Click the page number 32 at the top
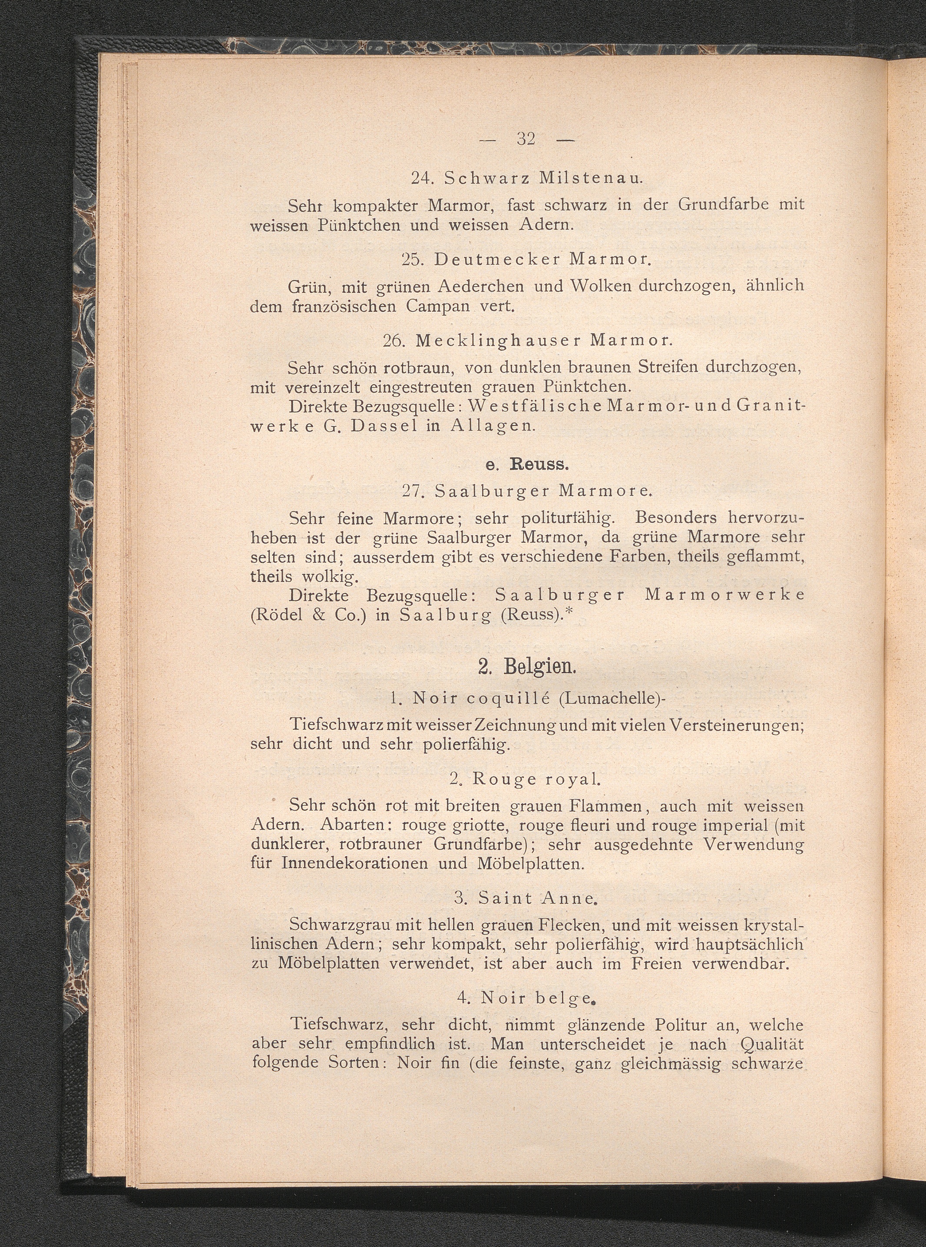526,139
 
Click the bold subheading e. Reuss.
527,465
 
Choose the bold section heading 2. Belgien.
526,667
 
